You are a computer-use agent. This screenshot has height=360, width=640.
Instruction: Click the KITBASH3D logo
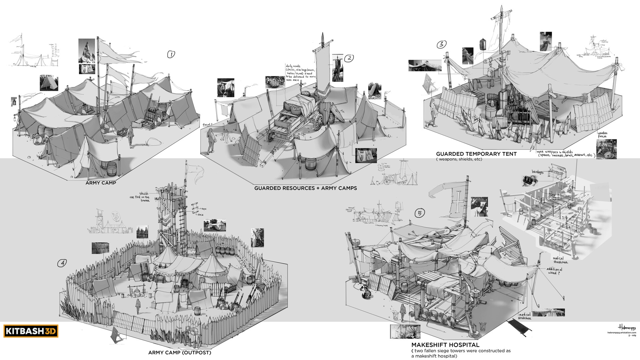click(x=31, y=331)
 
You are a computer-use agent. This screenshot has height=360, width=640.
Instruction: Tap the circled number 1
click(x=171, y=54)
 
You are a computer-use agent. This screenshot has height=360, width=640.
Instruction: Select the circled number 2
click(x=349, y=58)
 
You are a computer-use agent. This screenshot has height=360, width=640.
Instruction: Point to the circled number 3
click(x=441, y=44)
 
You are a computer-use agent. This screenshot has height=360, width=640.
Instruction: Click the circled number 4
click(x=62, y=263)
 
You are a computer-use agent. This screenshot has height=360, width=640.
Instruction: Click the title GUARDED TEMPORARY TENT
click(x=476, y=154)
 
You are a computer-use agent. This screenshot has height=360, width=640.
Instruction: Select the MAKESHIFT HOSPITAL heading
click(x=445, y=345)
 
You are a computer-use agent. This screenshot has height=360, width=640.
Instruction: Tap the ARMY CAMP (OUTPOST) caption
click(x=180, y=353)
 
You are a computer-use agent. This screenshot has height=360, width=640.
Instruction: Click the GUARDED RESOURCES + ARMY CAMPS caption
click(x=305, y=188)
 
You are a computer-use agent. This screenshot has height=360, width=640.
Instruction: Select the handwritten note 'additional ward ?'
click(x=554, y=271)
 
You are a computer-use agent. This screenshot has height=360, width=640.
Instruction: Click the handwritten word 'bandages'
click(x=538, y=172)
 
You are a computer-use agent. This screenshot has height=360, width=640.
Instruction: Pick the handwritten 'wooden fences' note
click(x=603, y=135)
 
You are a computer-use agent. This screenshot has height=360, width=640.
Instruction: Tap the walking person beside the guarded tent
click(x=433, y=112)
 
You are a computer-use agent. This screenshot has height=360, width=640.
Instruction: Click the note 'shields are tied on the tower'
click(x=140, y=197)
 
